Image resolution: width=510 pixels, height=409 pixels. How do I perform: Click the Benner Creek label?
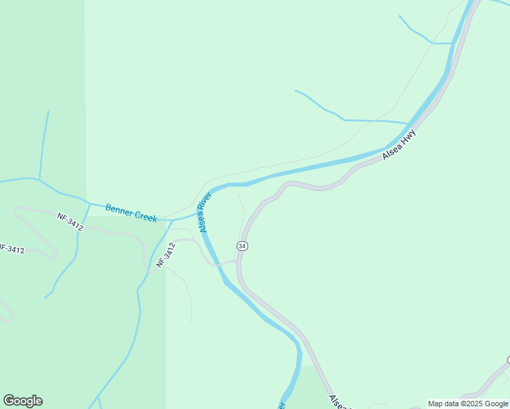pos(131,213)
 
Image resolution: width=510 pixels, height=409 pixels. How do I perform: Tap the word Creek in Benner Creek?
pos(146,216)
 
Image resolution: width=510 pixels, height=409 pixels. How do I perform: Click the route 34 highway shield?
pos(242,245)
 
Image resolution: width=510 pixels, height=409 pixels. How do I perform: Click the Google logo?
pos(22,401)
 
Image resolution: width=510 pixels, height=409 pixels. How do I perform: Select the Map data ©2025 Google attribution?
pos(468,404)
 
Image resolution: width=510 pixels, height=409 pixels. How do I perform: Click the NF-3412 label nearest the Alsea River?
pos(166,254)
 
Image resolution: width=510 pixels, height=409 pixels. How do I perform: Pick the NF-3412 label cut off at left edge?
pos(12,249)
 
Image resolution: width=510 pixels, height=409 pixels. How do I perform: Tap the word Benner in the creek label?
pos(118,209)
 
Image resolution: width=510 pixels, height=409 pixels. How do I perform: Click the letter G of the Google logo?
pos(9,401)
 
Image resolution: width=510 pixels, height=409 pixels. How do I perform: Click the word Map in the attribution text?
pos(436,404)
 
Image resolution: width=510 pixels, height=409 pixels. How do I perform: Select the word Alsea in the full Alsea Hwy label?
pos(391,151)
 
